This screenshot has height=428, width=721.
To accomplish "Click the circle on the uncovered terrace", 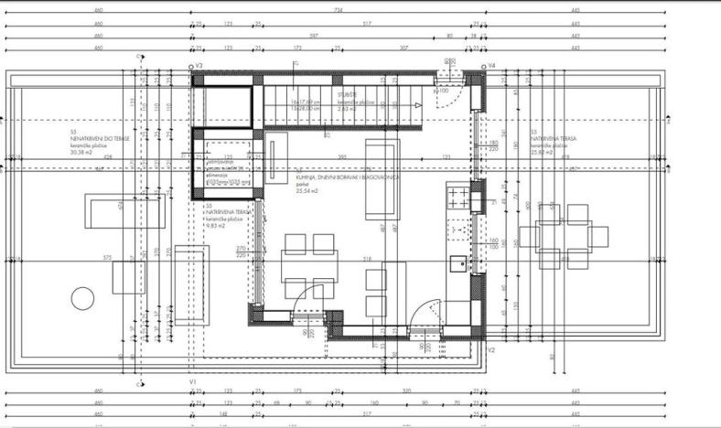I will (82, 298).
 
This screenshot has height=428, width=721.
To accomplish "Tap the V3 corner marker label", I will (199, 67).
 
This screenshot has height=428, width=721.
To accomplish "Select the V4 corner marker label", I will (491, 67).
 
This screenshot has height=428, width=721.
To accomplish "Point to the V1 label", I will (193, 380).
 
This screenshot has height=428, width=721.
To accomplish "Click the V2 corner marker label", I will (490, 350).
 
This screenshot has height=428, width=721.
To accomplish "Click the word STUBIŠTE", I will (347, 93).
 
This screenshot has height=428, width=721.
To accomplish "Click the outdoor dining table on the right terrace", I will (563, 237).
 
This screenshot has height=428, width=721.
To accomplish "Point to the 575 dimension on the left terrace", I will (108, 257).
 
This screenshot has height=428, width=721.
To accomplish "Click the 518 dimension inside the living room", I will (368, 260).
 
